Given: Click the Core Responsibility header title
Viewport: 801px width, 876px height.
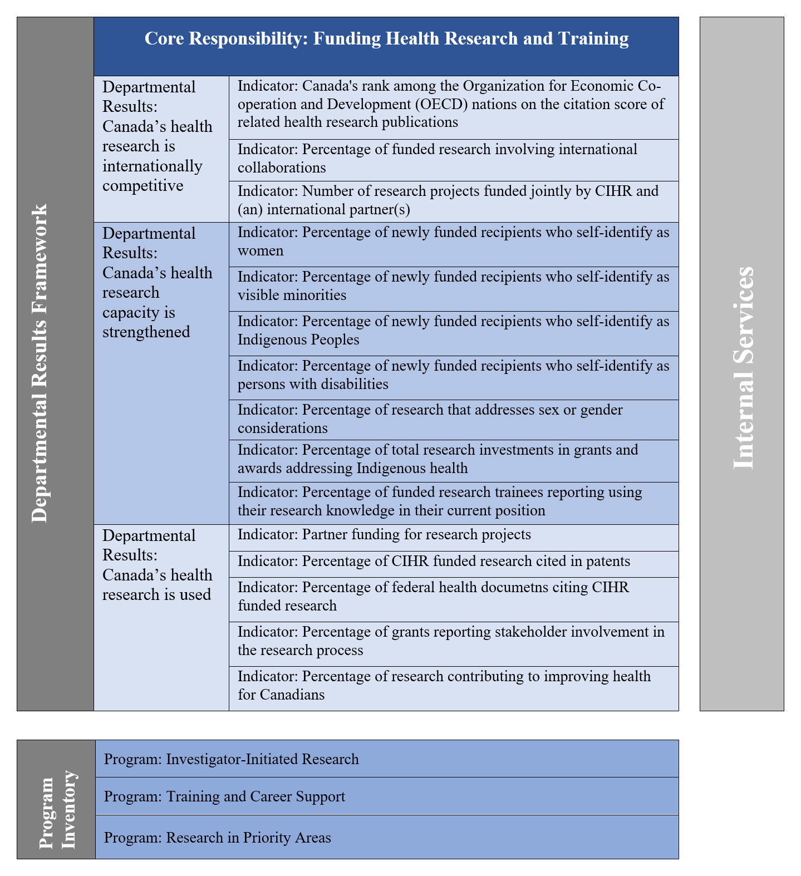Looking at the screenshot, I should (386, 38).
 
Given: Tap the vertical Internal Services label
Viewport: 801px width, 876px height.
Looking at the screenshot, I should (742, 367).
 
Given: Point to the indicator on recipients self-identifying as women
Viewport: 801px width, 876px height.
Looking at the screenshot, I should (453, 242).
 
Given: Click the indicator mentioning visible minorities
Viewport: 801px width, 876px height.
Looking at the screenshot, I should (453, 286).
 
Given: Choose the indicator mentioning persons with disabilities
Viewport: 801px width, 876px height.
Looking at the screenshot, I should (453, 375).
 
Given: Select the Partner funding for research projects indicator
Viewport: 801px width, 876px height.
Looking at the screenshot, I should (384, 535).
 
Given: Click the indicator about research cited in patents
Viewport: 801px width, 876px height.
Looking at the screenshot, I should (434, 562).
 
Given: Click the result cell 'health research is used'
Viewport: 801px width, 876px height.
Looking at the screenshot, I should (157, 565).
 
